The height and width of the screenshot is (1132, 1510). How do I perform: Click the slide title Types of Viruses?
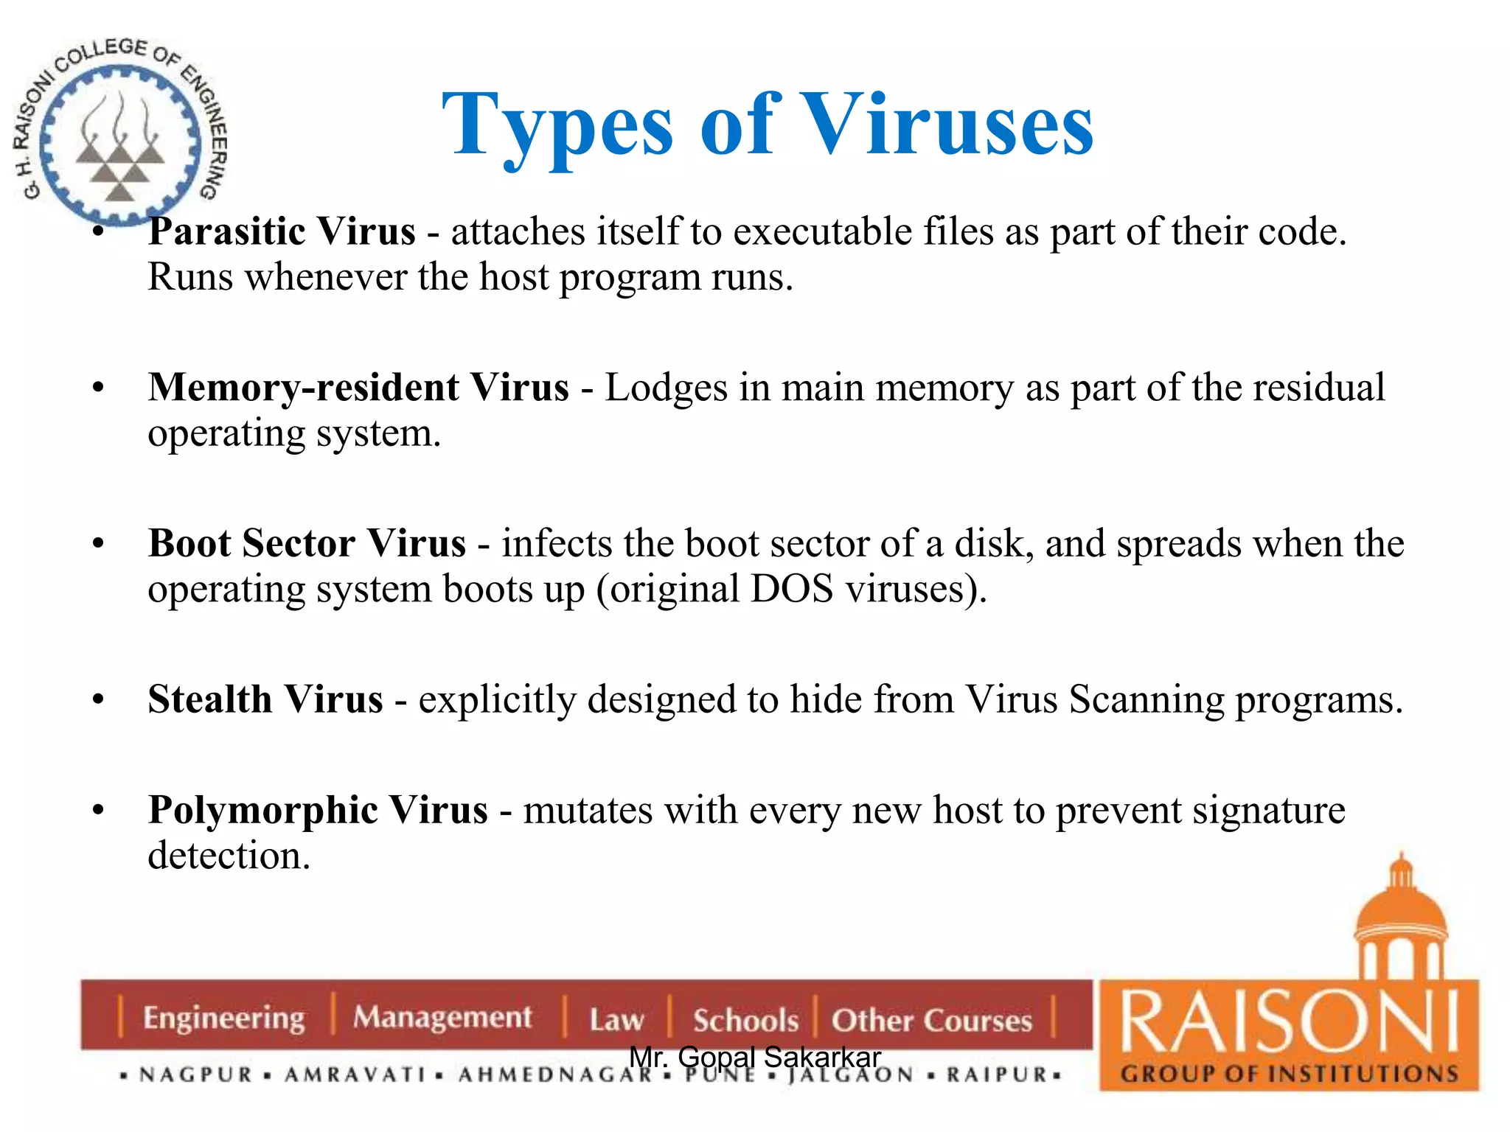[767, 125]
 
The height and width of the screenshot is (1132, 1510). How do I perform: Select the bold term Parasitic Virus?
[282, 231]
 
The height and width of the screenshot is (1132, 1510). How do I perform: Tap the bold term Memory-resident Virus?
[358, 388]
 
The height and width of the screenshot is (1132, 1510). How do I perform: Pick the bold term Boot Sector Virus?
[307, 544]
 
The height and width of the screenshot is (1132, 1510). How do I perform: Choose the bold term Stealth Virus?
[265, 699]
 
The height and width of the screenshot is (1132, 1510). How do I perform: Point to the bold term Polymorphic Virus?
[318, 811]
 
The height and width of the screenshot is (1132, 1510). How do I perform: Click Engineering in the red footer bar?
[223, 1018]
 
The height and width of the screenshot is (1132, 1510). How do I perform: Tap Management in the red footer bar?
[442, 1018]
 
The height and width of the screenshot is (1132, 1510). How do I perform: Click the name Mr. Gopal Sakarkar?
[755, 1057]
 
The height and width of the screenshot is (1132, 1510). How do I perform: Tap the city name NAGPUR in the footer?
[196, 1075]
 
